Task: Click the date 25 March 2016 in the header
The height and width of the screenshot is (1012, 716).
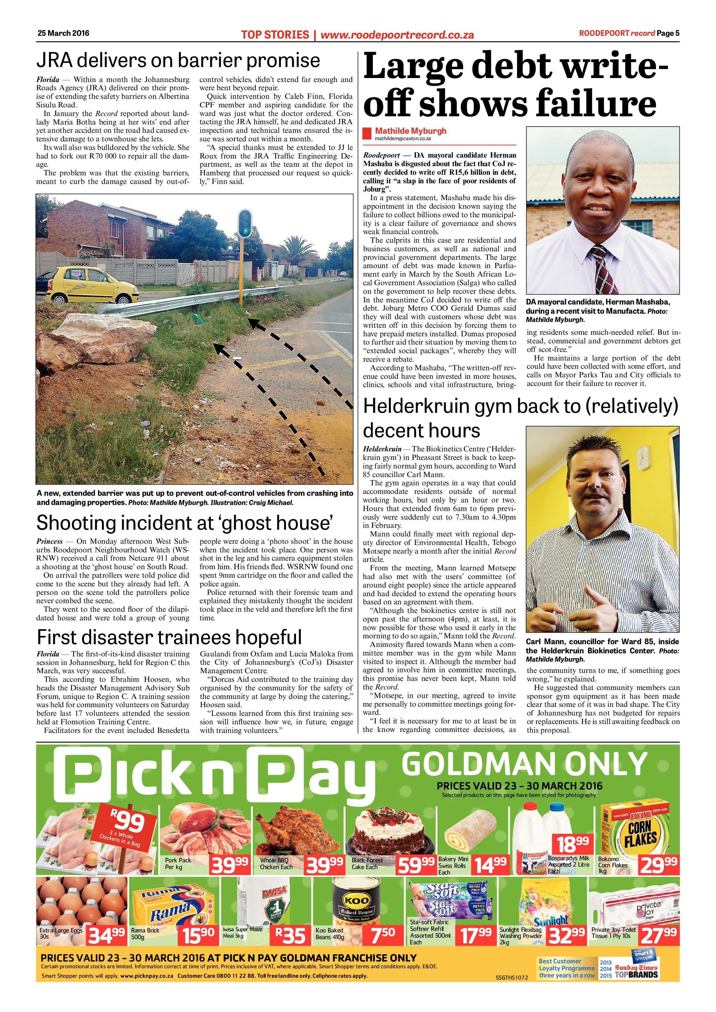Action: click(63, 33)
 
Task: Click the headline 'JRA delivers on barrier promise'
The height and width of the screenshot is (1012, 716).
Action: click(178, 60)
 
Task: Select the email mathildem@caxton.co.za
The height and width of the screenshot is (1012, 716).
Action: click(403, 138)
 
